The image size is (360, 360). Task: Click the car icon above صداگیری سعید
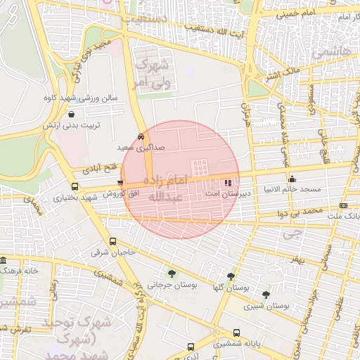pyautogui.click(x=141, y=136)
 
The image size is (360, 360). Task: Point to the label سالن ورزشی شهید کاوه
pyautogui.click(x=80, y=99)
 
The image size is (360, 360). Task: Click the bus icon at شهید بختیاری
pyautogui.click(x=75, y=186)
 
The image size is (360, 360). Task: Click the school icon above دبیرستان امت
pyautogui.click(x=226, y=184)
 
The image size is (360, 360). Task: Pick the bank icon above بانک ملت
pyautogui.click(x=343, y=205)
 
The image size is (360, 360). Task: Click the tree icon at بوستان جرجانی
pyautogui.click(x=171, y=274)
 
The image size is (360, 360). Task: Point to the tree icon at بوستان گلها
pyautogui.click(x=231, y=276)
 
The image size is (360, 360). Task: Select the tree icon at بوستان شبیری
pyautogui.click(x=266, y=295)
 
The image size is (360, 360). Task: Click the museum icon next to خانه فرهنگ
pyautogui.click(x=4, y=259)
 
